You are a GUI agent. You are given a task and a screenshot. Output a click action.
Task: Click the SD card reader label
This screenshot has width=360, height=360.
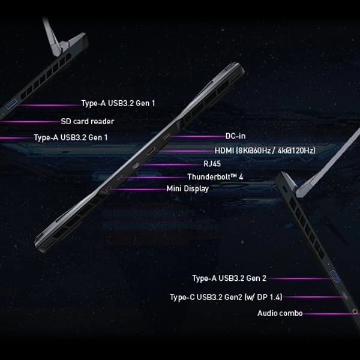tap(87, 121)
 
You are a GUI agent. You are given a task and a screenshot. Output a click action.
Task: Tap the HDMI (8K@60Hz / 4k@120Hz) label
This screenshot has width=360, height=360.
tap(265, 150)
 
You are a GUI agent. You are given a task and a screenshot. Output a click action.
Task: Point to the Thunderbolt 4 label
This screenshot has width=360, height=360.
tap(215, 177)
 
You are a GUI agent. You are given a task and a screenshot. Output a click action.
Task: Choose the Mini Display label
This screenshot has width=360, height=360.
tap(187, 188)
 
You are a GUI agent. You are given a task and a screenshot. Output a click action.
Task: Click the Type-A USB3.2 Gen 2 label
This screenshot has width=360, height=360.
tap(229, 278)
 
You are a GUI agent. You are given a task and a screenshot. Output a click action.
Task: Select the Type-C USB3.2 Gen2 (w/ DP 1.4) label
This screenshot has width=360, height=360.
tap(226, 296)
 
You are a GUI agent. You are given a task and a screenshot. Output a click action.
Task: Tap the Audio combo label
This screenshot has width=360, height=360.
tap(280, 313)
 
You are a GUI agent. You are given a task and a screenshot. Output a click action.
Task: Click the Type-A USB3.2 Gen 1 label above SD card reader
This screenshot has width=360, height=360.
tap(118, 103)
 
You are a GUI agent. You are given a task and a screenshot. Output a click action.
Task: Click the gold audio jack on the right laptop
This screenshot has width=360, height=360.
tap(356, 311)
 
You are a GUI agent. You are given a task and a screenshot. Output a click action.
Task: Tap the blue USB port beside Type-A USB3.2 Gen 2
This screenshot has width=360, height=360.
tap(334, 277)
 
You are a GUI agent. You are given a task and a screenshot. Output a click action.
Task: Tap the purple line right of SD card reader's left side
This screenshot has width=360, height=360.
tap(30, 121)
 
